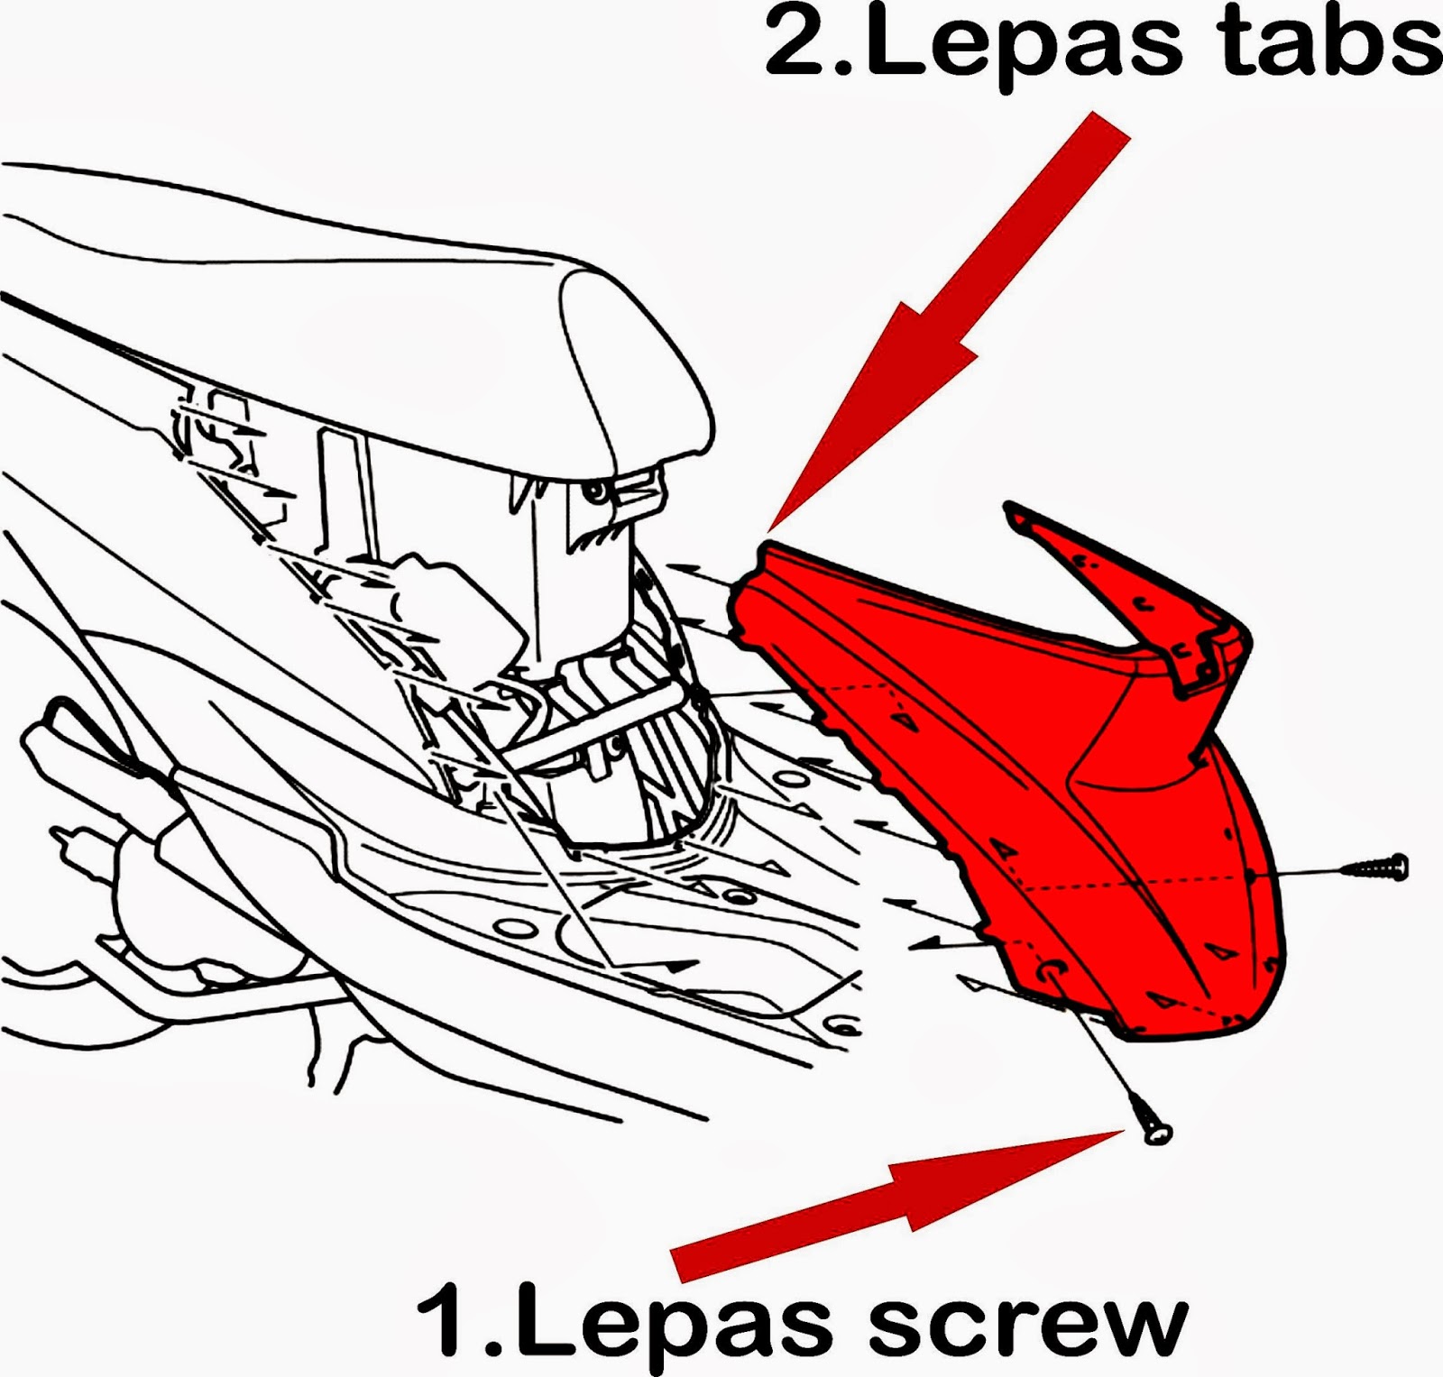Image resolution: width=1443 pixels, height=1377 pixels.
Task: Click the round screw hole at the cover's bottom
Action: [x=1052, y=969]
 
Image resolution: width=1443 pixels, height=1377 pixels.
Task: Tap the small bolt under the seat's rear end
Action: [x=595, y=491]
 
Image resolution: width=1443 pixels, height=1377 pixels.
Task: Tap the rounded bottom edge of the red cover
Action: [x=1199, y=1028]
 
